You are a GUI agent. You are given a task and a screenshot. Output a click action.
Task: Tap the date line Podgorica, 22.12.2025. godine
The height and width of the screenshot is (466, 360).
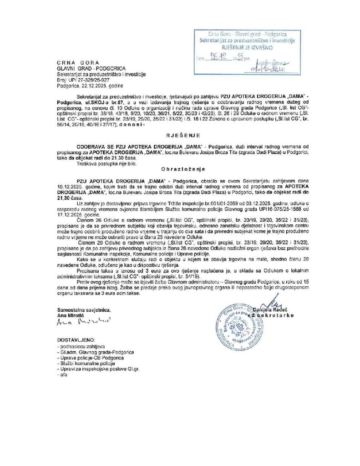[91, 85]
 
